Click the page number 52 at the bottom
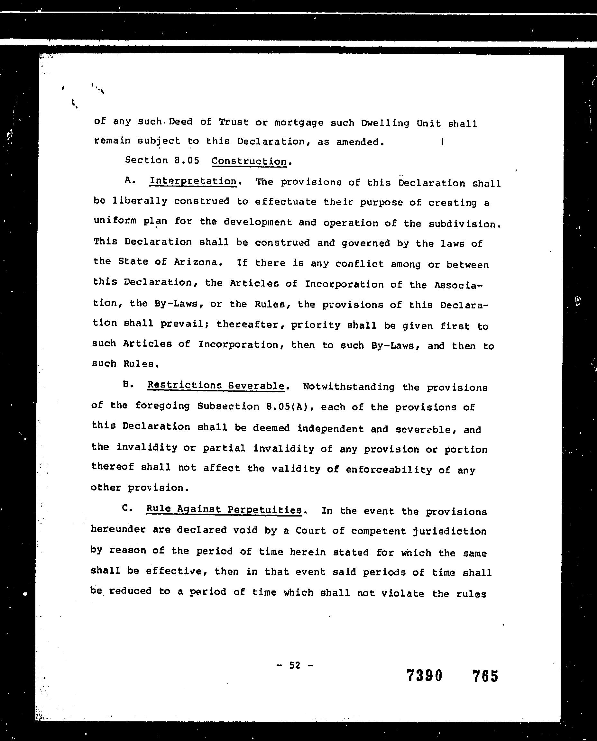point(295,665)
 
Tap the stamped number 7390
point(424,676)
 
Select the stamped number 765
point(485,676)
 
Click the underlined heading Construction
point(249,161)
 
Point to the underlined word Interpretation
point(193,181)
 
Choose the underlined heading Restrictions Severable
point(216,386)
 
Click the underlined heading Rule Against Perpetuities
point(224,509)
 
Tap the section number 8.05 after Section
point(187,160)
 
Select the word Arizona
point(196,262)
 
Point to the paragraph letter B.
point(128,384)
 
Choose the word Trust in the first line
point(234,122)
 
